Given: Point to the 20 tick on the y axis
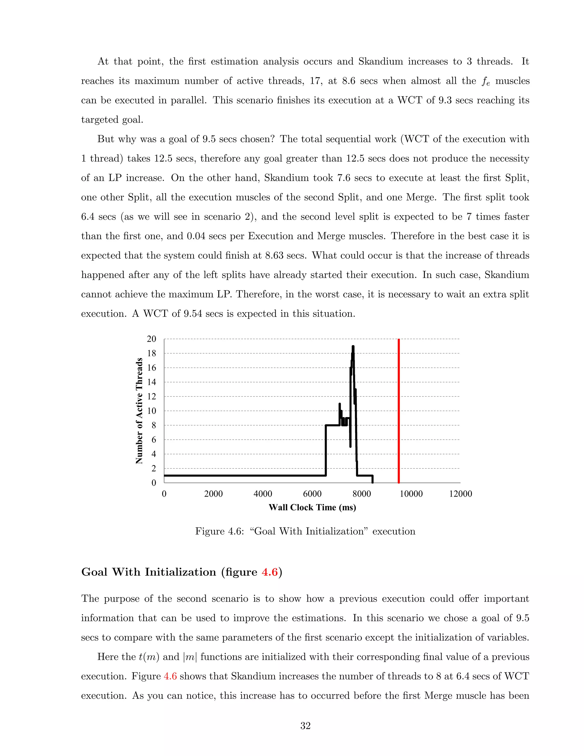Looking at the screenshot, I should (151, 339).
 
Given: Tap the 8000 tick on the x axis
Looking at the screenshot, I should (362, 494).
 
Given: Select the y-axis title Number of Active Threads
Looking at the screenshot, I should (139, 411).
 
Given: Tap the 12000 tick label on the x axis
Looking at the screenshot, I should (460, 494).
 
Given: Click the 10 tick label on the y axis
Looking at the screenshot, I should (151, 411).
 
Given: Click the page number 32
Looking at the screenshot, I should (305, 726).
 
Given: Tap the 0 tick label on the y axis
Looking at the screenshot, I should (154, 483).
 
